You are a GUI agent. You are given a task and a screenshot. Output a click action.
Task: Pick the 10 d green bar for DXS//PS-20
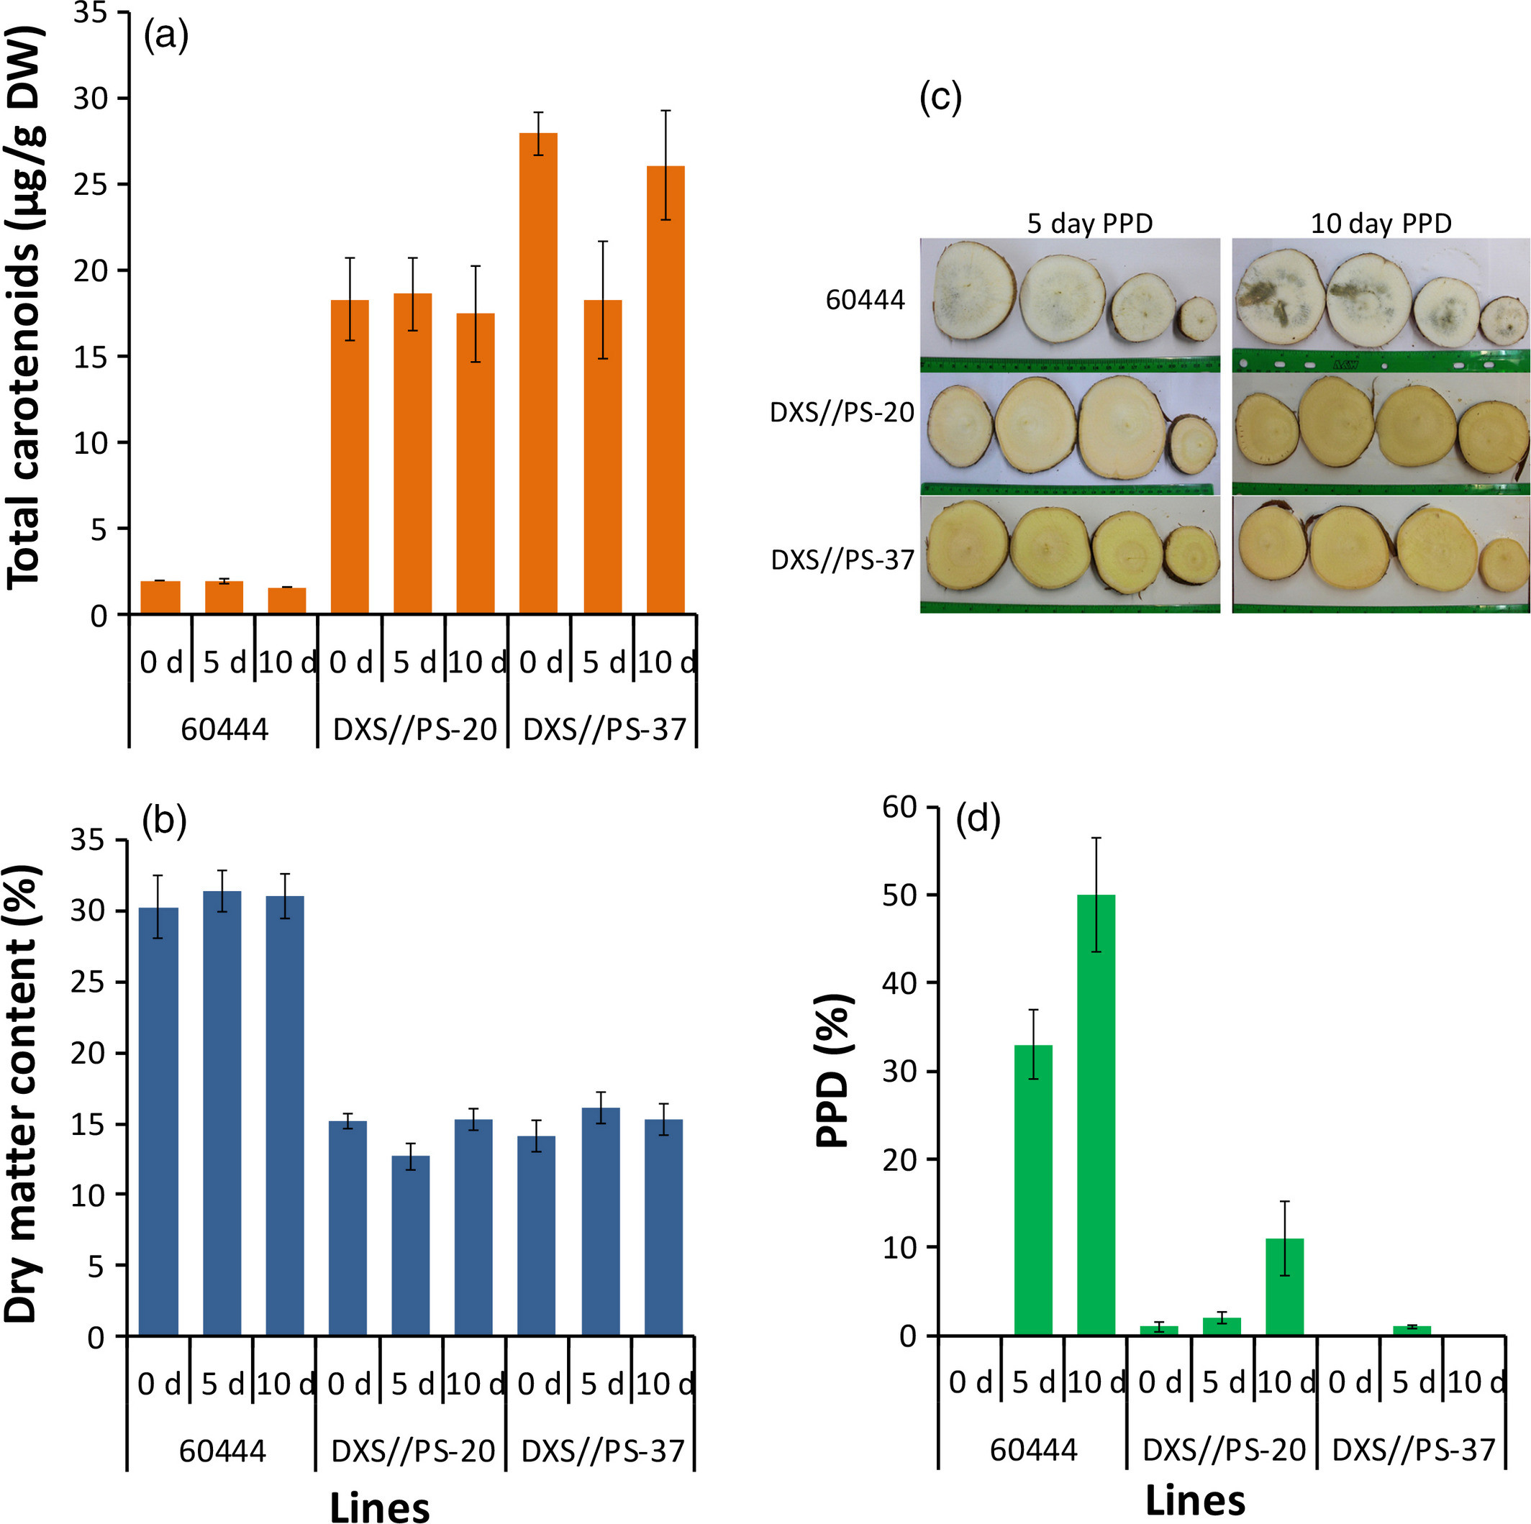click(x=1284, y=1287)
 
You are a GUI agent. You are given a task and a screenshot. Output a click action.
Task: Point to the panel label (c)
click(x=940, y=99)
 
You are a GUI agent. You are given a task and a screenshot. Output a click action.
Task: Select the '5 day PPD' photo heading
click(x=1089, y=224)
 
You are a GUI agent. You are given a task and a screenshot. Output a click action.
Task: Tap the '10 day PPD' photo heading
click(x=1381, y=224)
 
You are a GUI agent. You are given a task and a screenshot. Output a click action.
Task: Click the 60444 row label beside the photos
click(x=866, y=300)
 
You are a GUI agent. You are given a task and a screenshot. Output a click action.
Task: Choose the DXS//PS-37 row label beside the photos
click(x=842, y=560)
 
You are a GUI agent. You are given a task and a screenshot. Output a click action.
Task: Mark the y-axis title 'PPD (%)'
click(x=834, y=1071)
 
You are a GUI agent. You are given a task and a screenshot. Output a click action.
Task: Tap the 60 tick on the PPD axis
click(x=899, y=807)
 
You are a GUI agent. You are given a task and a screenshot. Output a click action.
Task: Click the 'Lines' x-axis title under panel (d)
click(x=1195, y=1500)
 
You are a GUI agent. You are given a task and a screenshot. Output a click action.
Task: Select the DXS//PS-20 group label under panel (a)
click(x=414, y=729)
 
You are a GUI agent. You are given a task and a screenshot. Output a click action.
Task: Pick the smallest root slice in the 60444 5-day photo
click(x=1196, y=319)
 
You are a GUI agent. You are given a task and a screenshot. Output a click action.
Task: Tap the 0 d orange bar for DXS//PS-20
click(x=350, y=457)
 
